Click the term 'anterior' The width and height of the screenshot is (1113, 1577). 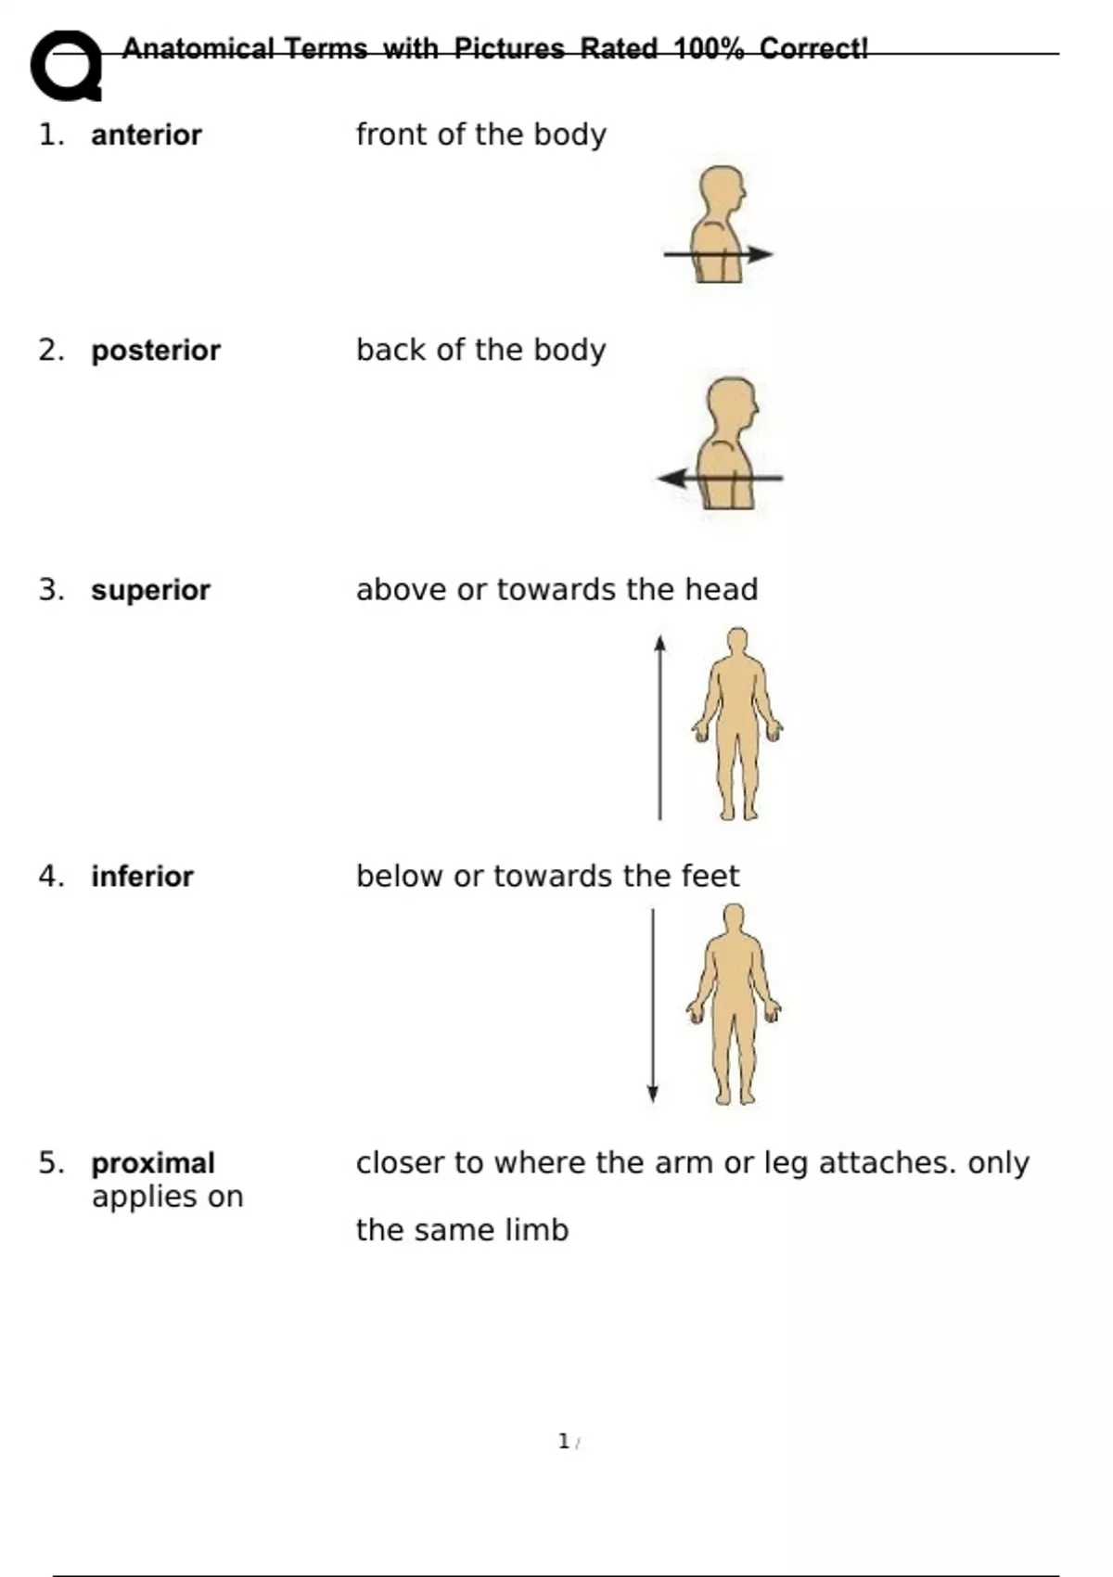146,135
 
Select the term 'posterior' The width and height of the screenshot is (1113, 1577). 155,351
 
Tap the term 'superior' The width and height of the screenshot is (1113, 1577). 150,590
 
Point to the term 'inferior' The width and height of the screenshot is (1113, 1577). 142,877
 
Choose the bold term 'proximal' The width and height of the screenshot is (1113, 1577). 153,1163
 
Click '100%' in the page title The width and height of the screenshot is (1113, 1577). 709,48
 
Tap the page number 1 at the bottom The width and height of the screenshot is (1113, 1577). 564,1442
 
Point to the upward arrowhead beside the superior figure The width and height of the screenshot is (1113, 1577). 659,643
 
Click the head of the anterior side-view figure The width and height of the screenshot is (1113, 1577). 722,189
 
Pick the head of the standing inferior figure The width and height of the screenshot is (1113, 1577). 734,918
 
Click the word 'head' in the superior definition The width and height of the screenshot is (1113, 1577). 721,590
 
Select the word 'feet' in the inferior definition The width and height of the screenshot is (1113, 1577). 710,877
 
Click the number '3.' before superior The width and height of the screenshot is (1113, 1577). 52,590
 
